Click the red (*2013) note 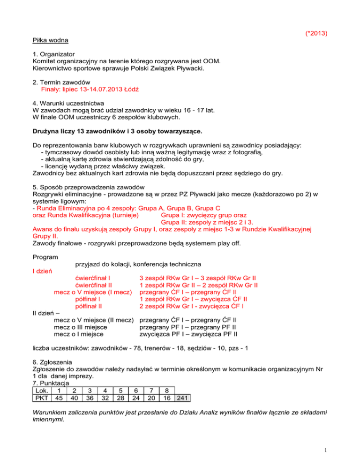click(x=315, y=33)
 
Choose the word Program click(x=45, y=257)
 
